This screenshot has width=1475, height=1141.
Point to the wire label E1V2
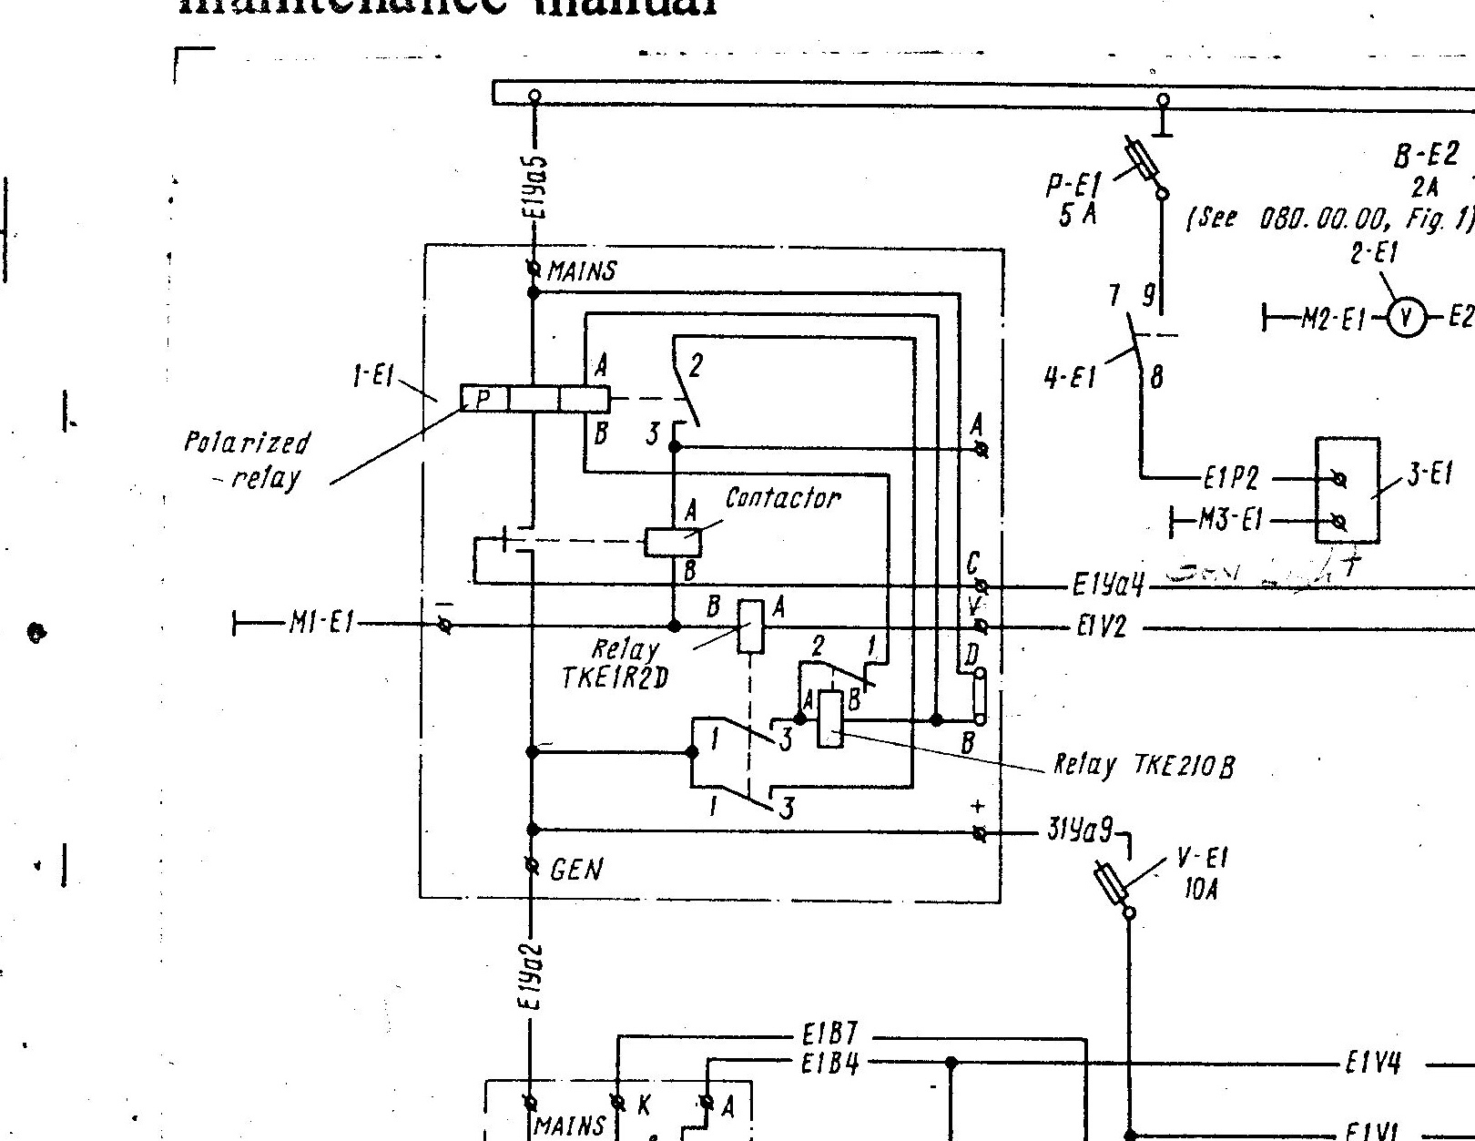pyautogui.click(x=1101, y=627)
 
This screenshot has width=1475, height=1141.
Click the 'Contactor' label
pyautogui.click(x=782, y=498)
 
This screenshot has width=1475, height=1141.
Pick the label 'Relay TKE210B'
pyautogui.click(x=1144, y=765)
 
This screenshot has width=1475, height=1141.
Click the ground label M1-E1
pyautogui.click(x=323, y=624)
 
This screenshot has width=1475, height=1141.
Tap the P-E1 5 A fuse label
pyautogui.click(x=1073, y=199)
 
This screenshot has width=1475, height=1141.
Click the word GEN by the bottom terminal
pyautogui.click(x=575, y=871)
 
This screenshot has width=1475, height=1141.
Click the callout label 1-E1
pyautogui.click(x=373, y=376)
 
